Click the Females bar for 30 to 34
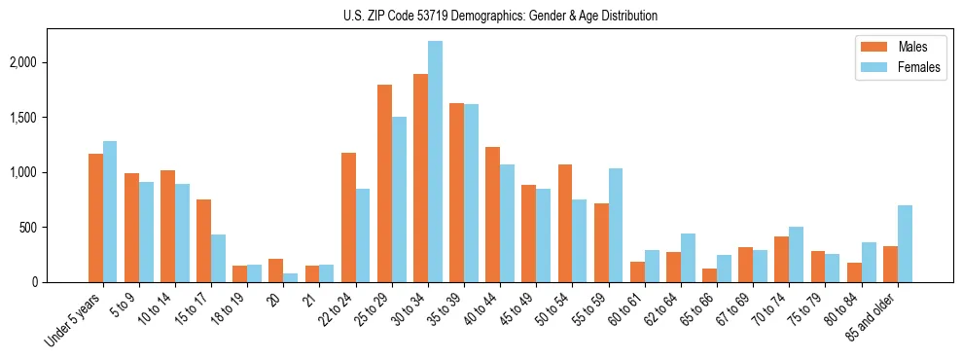pos(435,162)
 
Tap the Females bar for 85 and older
pos(905,243)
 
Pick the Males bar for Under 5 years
pos(95,218)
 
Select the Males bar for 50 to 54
pos(565,223)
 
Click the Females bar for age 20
pos(291,277)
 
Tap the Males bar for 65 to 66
pos(709,275)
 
